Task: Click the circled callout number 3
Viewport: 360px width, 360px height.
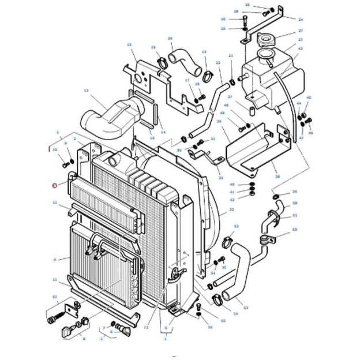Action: (54, 185)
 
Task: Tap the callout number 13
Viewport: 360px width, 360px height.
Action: (86, 91)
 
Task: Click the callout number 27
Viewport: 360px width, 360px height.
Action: (301, 31)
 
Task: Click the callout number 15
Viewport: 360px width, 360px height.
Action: (129, 45)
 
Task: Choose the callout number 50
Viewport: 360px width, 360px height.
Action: (295, 230)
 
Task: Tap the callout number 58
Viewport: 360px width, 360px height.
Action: (295, 203)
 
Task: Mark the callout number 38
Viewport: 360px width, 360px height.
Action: (277, 177)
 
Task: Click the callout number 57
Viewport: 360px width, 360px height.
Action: (55, 297)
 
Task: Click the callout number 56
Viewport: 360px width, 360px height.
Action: (210, 327)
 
